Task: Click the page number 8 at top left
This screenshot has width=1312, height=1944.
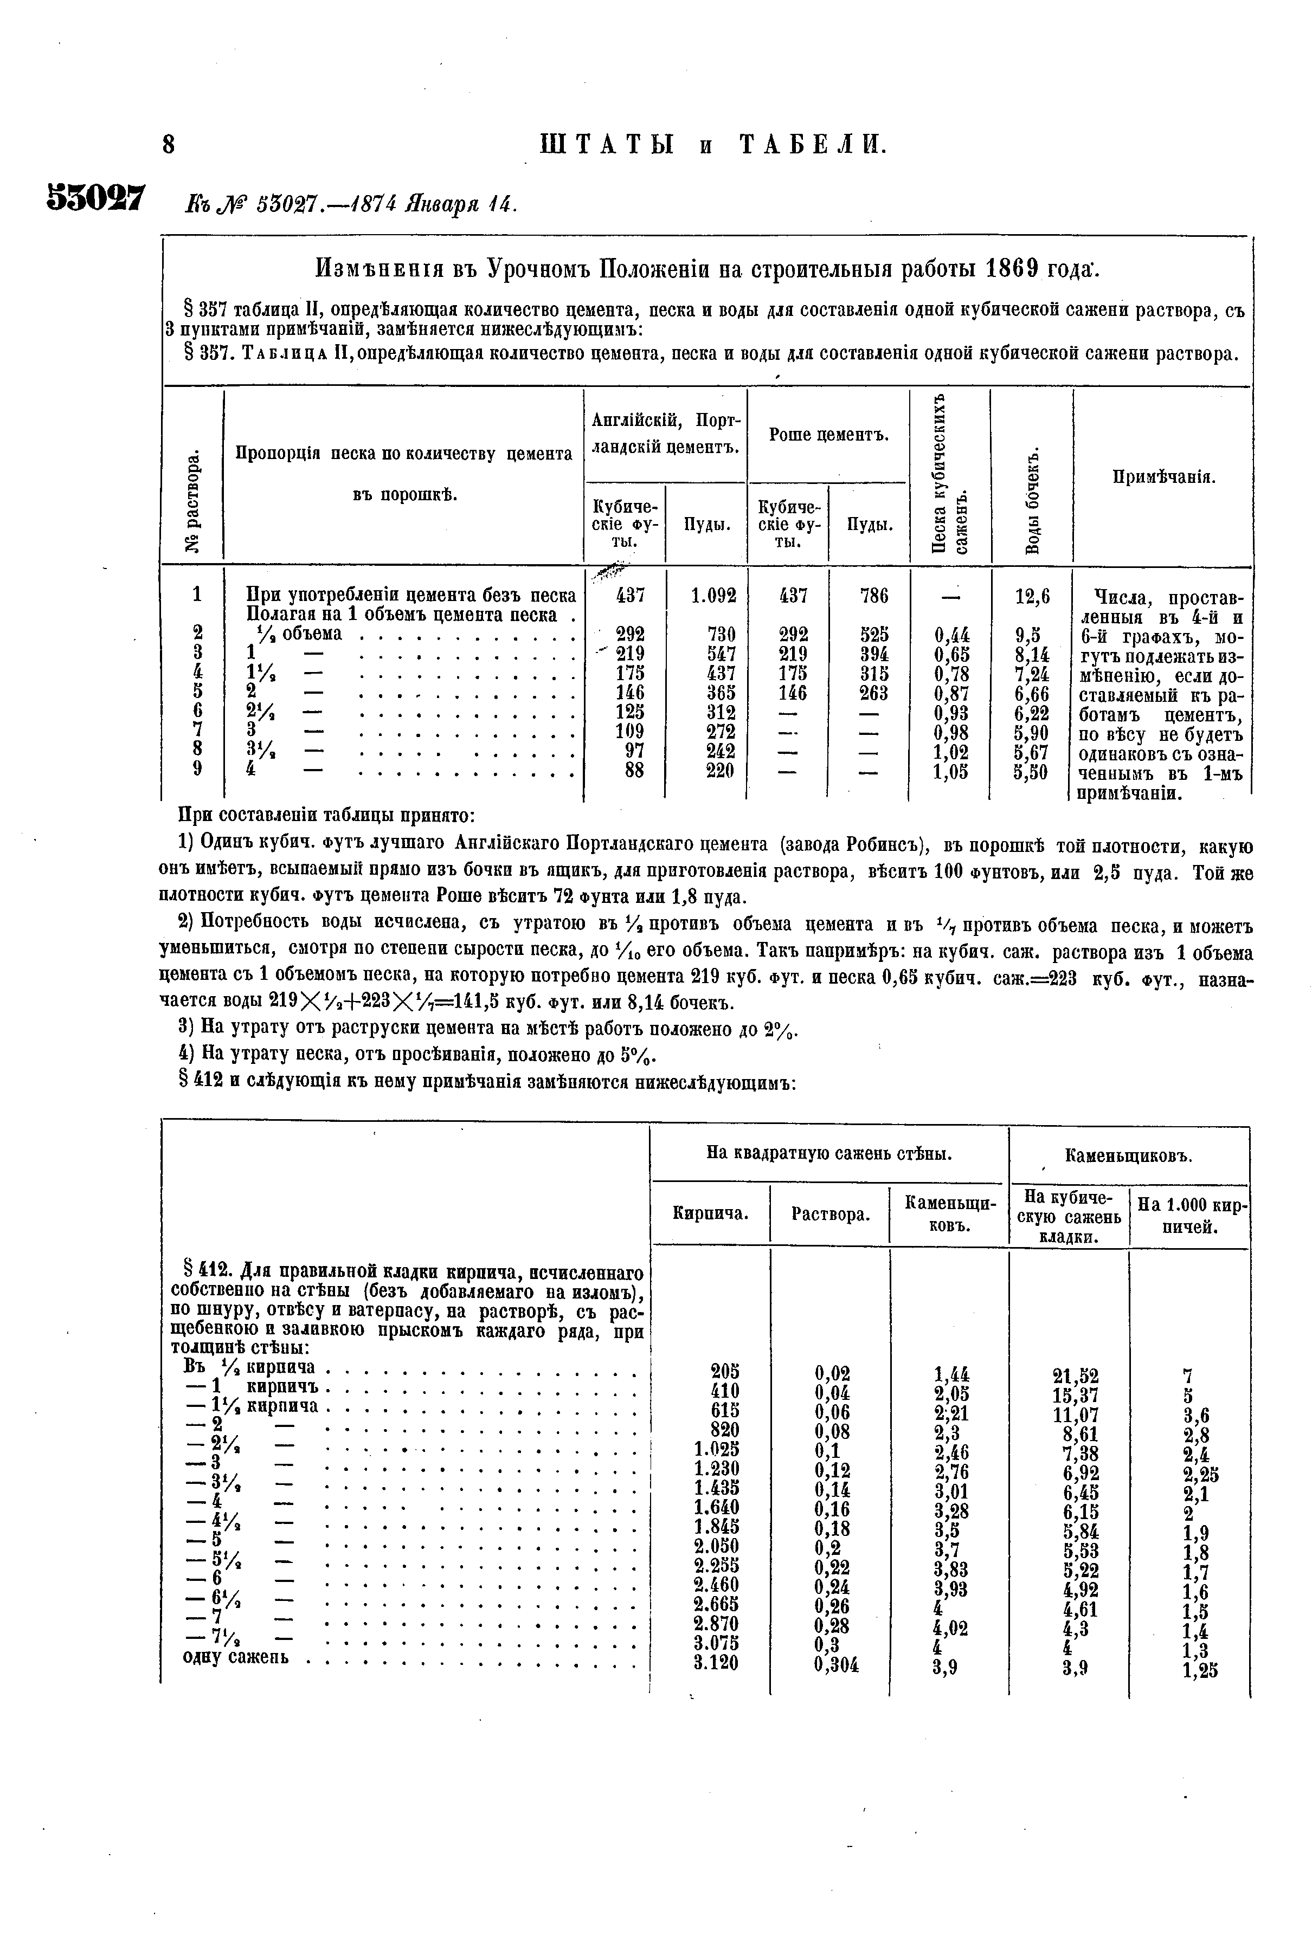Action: pos(168,145)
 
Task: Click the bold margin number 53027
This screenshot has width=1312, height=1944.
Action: pos(96,199)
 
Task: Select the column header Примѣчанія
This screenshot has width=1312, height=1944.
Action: pos(1163,477)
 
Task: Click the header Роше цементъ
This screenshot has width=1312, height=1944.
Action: pos(827,435)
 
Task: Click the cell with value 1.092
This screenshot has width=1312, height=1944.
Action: pos(713,596)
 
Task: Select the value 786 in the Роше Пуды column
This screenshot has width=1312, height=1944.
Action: pos(873,596)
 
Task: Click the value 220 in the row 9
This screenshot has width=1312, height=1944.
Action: pos(719,770)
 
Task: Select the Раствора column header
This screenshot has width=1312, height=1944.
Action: pos(829,1215)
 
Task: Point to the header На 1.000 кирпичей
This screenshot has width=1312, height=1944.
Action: pos(1189,1215)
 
